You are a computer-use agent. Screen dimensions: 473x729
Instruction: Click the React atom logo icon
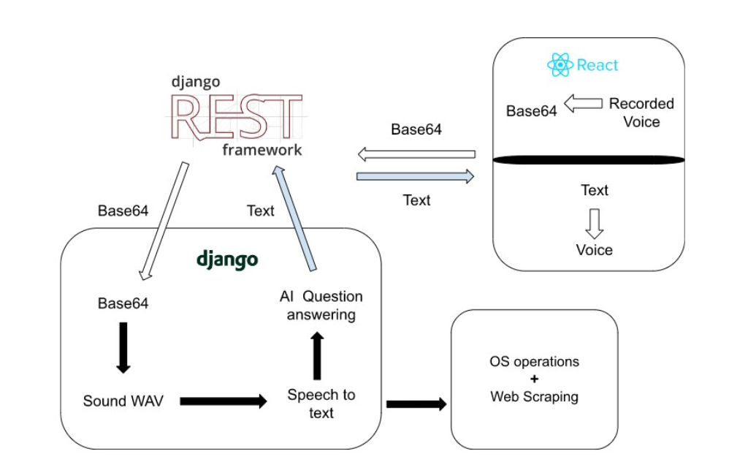click(x=560, y=65)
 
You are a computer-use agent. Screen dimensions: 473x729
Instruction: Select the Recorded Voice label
click(x=641, y=113)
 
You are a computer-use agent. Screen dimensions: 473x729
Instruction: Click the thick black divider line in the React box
click(x=589, y=160)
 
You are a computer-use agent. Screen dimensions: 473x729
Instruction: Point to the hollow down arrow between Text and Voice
click(x=595, y=222)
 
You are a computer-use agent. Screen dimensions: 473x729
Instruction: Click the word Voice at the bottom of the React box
click(x=595, y=250)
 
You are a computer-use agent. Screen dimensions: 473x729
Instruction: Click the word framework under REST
click(x=262, y=150)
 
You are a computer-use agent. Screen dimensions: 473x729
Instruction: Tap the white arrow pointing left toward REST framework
click(x=416, y=154)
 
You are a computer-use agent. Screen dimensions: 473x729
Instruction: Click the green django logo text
click(x=227, y=260)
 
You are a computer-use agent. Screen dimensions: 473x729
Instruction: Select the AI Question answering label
click(x=321, y=306)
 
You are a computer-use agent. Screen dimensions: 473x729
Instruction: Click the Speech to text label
click(x=321, y=404)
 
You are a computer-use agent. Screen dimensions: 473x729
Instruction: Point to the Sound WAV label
click(x=123, y=401)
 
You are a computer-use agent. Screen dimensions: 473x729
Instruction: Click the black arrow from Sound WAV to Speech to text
click(x=223, y=401)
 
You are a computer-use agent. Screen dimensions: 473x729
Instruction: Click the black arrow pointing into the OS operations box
click(x=416, y=404)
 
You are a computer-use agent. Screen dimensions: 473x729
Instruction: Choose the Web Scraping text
click(x=534, y=397)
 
